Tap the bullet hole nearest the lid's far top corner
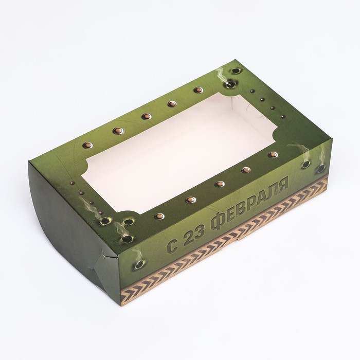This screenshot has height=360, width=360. (x=235, y=71)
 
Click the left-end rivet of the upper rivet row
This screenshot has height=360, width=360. (x=88, y=145)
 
